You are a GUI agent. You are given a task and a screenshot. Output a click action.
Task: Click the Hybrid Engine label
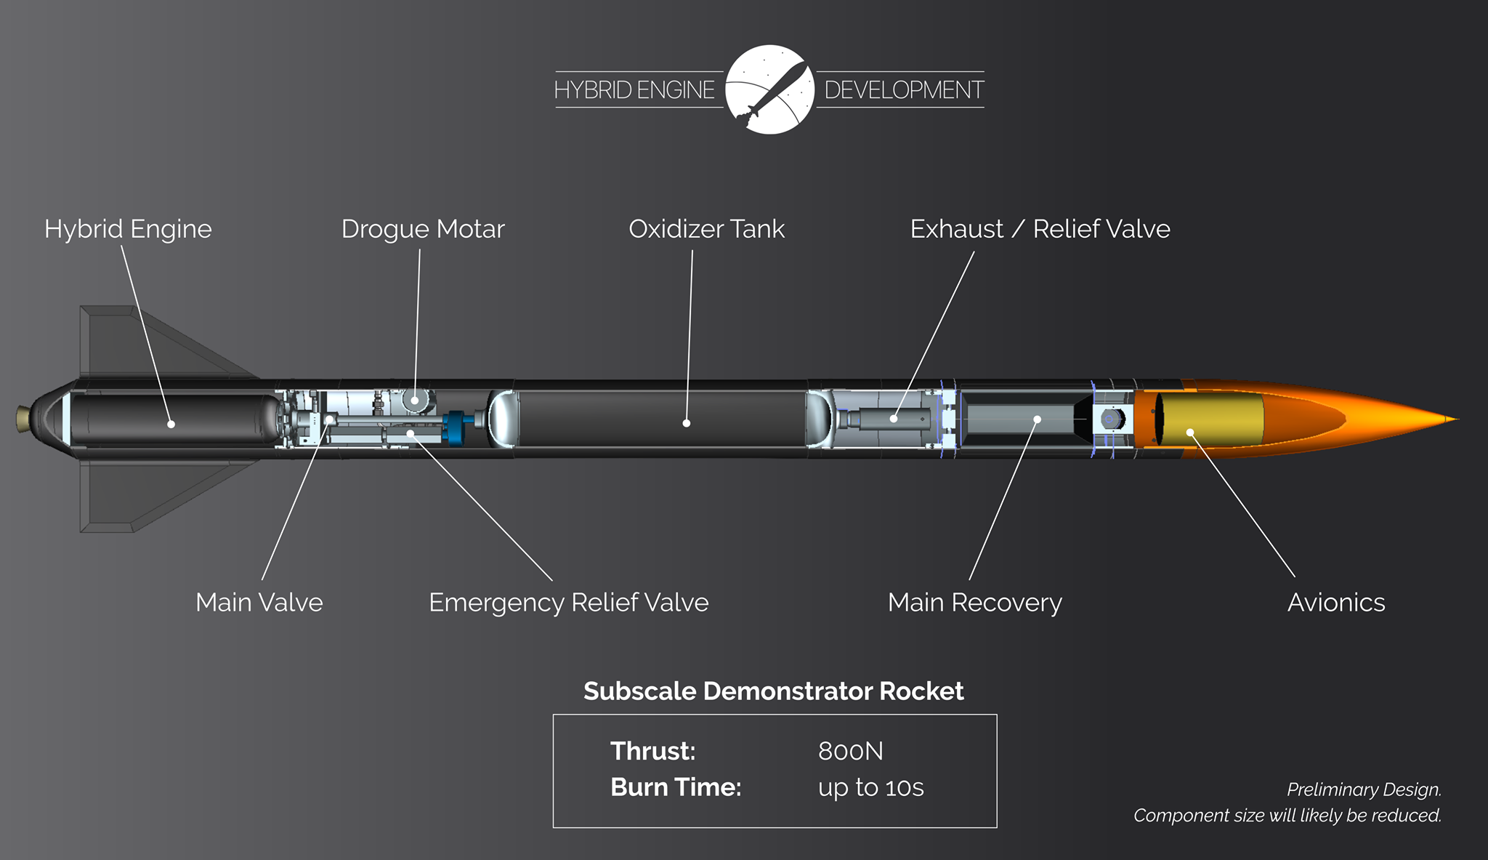pos(128,229)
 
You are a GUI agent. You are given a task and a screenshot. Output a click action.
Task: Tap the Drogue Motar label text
pos(423,229)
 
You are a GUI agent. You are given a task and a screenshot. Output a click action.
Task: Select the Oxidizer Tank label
pos(706,229)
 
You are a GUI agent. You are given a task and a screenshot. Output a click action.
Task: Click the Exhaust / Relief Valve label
pos(1040,229)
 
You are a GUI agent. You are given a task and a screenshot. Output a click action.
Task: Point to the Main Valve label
pos(259,603)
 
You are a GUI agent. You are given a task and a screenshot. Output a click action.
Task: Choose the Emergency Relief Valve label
pos(568,603)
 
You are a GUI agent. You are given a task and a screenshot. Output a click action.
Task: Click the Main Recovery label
pos(974,603)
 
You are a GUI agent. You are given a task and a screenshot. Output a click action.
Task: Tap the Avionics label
pos(1335,603)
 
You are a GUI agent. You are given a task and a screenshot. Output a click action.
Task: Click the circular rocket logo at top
pos(769,89)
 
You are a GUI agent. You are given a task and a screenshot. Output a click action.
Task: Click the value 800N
pos(850,751)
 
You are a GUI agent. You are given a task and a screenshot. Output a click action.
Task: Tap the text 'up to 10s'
pos(870,787)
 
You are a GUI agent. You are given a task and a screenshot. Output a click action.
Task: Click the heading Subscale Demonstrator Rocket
pos(773,691)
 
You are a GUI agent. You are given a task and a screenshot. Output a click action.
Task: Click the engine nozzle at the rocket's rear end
pos(23,419)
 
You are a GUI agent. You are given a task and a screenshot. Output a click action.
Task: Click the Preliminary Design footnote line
pos(1363,789)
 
